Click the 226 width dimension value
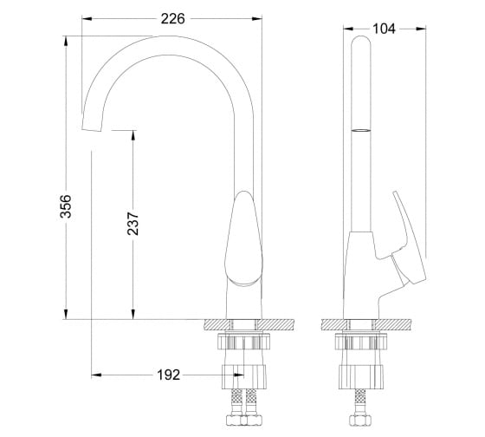(172, 19)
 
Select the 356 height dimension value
(66, 206)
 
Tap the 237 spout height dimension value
(133, 224)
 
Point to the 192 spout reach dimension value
(169, 375)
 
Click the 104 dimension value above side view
(384, 29)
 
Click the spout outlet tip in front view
(92, 130)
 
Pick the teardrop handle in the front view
(243, 238)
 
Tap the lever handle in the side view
(408, 238)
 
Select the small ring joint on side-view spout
(361, 130)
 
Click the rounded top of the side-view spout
(361, 40)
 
